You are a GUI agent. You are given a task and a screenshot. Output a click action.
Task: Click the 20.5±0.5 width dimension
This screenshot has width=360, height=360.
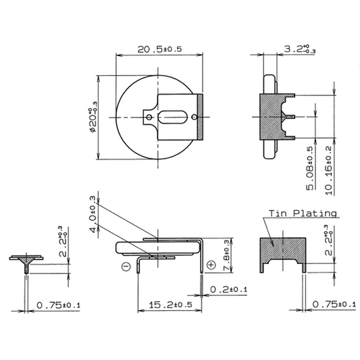tap(159, 49)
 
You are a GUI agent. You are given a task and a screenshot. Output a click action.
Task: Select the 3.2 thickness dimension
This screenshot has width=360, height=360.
tap(300, 49)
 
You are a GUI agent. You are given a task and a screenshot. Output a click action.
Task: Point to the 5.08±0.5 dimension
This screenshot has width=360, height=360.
tap(310, 168)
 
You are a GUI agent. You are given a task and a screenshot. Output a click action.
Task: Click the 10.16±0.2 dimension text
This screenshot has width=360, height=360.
tap(329, 170)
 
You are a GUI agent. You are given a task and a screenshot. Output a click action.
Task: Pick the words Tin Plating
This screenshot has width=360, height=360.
tap(303, 213)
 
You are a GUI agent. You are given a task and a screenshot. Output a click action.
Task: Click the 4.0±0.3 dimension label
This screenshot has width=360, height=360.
tap(93, 213)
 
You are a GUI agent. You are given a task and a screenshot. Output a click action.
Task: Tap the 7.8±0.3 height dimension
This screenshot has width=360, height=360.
tap(226, 255)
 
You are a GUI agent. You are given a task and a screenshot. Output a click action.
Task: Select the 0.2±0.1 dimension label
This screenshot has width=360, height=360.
tap(229, 290)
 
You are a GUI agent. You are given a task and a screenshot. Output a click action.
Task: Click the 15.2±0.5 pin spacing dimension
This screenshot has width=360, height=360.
tap(170, 305)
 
